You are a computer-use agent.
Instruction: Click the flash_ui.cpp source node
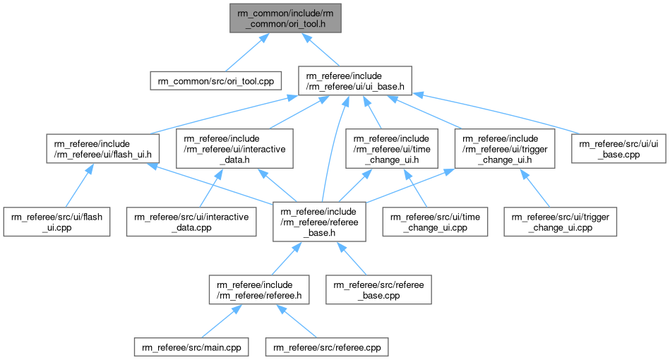56,221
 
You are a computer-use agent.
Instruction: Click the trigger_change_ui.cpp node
561,221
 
